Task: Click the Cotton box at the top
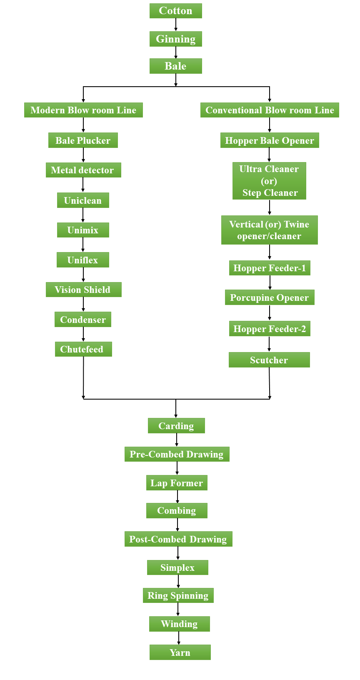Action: tap(175, 11)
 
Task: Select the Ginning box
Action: tap(175, 39)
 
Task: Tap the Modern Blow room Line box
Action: tap(83, 110)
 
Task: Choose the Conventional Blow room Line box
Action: tap(270, 110)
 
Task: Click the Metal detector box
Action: tap(83, 170)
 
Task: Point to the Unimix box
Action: tap(83, 230)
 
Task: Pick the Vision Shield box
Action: tap(83, 290)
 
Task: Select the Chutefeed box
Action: tap(83, 349)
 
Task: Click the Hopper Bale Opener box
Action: tap(270, 140)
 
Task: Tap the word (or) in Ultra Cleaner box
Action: tap(269, 181)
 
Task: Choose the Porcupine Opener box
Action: tap(270, 297)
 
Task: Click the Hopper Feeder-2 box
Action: tap(270, 329)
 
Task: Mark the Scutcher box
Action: tap(269, 360)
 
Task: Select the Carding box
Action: tap(176, 426)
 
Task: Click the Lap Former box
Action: tap(177, 483)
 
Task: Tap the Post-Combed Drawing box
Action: tap(178, 539)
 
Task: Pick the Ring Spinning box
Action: tap(178, 595)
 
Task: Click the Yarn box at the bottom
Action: tap(180, 652)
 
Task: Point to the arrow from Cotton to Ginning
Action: tap(176, 25)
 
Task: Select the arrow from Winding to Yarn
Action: tap(179, 638)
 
